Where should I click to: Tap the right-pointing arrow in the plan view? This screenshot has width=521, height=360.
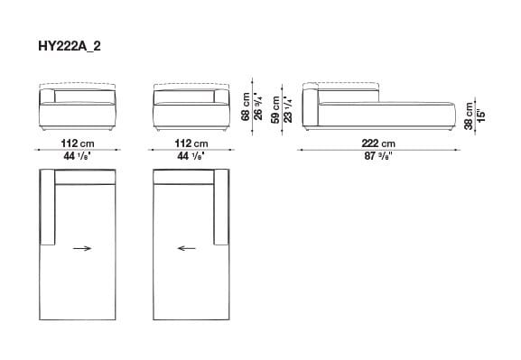coord(81,249)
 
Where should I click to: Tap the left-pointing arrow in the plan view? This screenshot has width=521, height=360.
coord(188,249)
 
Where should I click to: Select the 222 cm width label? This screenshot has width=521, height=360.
coord(377,143)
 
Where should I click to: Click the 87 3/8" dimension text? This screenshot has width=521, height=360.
coord(377,155)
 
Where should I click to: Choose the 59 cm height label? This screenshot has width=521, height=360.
coord(275,109)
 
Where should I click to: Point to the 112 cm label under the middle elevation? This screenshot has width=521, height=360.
coord(191,143)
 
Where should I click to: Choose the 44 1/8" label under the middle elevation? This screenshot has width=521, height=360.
coord(191,155)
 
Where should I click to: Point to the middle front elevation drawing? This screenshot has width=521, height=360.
coord(191,108)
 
